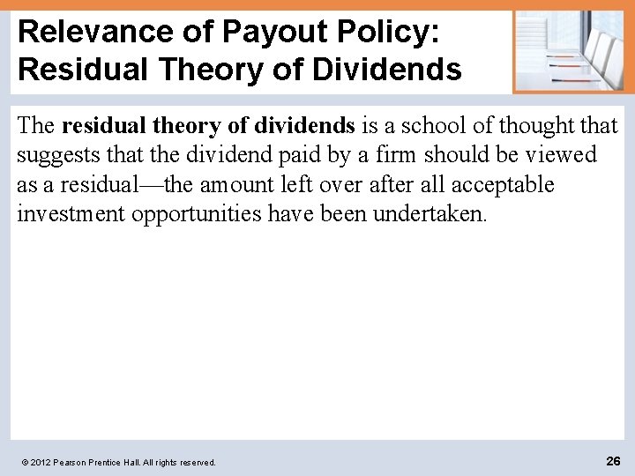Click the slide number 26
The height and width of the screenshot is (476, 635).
point(613,460)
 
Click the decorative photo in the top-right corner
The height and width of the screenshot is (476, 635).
point(569,51)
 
